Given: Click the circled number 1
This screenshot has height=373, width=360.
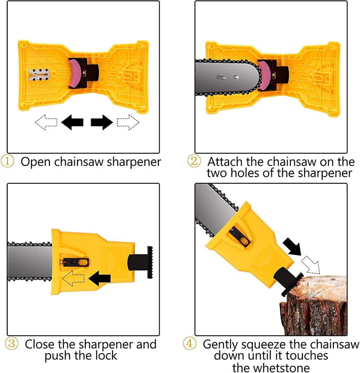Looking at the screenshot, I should coord(11,161).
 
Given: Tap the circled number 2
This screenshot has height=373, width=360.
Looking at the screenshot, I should coord(195,161).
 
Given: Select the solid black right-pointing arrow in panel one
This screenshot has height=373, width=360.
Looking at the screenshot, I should coord(102,122).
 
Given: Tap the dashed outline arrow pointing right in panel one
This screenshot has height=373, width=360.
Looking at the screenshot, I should coord(128,122).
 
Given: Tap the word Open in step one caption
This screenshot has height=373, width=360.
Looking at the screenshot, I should coord(35,161).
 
